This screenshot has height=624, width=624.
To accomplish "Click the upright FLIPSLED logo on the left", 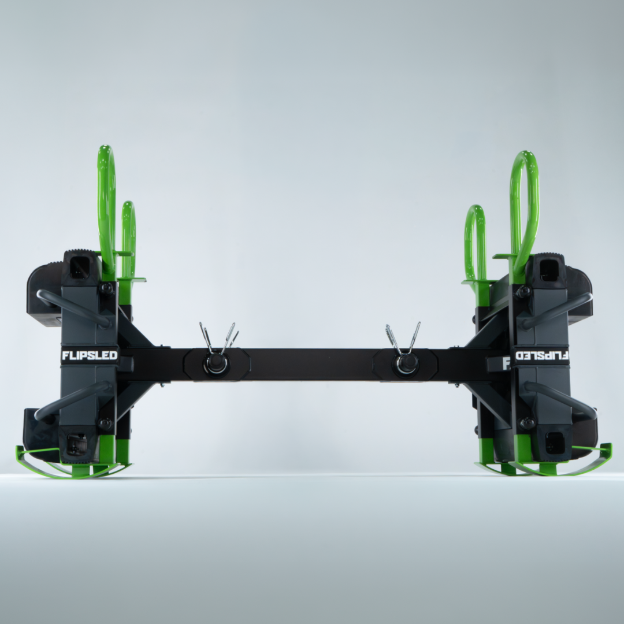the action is tap(90, 355).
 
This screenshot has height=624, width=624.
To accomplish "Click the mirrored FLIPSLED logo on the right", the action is tap(542, 355).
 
